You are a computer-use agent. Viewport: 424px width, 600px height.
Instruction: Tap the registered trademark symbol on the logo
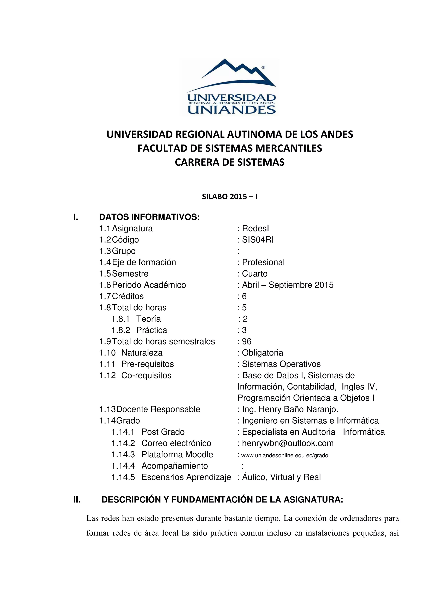pyautogui.click(x=263, y=67)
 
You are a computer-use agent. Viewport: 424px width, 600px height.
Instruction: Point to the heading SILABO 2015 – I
pyautogui.click(x=230, y=196)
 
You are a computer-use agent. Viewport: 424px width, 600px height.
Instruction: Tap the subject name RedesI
pyautogui.click(x=255, y=228)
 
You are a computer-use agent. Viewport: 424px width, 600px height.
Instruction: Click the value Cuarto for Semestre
pyautogui.click(x=255, y=274)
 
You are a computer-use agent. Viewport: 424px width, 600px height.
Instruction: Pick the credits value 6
pyautogui.click(x=244, y=296)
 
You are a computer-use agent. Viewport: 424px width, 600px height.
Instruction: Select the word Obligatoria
pyautogui.click(x=262, y=353)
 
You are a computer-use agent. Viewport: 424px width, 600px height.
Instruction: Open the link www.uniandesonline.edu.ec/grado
pyautogui.click(x=284, y=455)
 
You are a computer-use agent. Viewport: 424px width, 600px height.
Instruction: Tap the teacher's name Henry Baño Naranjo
pyautogui.click(x=298, y=409)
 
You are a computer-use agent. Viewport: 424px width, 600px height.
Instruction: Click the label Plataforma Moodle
pyautogui.click(x=177, y=454)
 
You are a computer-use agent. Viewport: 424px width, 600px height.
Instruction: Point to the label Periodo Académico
pyautogui.click(x=149, y=285)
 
